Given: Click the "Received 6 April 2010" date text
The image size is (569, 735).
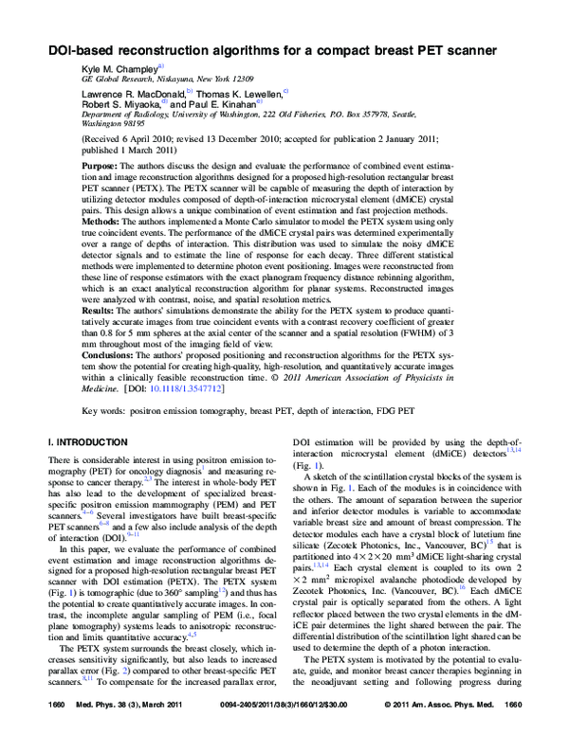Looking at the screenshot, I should (x=136, y=136).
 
